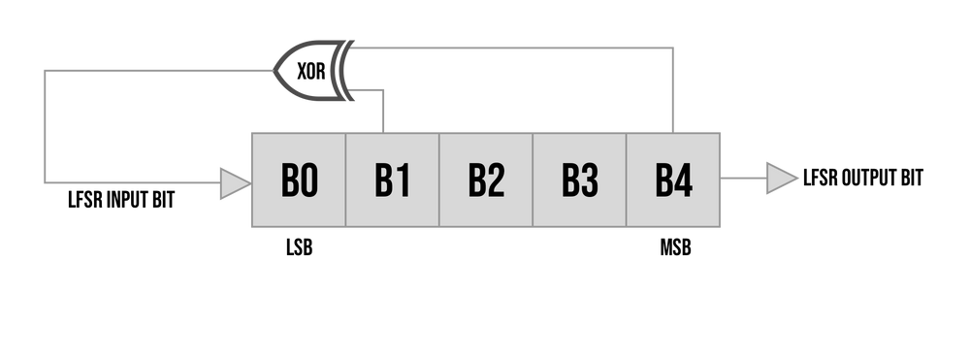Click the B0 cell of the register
[299, 180]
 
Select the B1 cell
[392, 180]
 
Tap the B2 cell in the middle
[486, 180]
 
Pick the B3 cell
[579, 180]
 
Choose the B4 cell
[673, 180]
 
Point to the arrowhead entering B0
[234, 181]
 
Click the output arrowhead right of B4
[782, 179]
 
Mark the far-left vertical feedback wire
[45, 126]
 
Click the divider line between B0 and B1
[345, 180]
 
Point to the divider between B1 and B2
[439, 180]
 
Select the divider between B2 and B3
[533, 180]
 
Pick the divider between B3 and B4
[626, 180]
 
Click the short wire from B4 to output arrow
[743, 179]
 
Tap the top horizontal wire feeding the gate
[514, 47]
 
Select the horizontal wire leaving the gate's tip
[155, 70]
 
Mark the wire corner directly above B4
[672, 47]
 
